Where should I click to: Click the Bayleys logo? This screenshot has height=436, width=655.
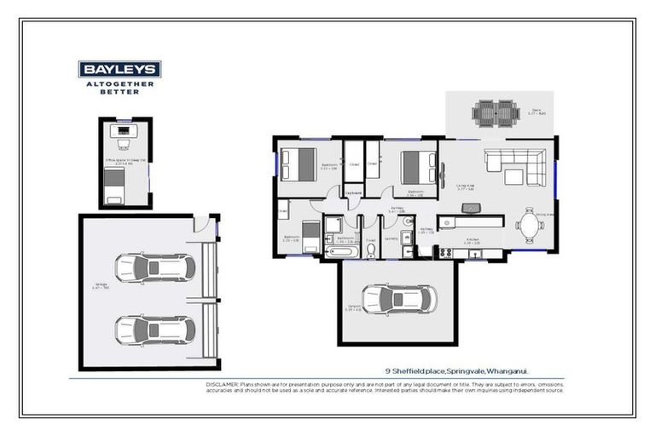coord(119,70)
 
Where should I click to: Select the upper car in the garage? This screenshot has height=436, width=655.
coord(154,268)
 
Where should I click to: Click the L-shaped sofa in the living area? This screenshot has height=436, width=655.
coord(512,165)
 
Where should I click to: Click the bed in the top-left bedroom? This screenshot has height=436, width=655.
coord(299,164)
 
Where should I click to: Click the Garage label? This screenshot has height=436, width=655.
coord(99,284)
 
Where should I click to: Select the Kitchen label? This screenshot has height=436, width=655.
coord(472,240)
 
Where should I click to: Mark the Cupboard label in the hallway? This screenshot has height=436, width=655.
coord(353,192)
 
